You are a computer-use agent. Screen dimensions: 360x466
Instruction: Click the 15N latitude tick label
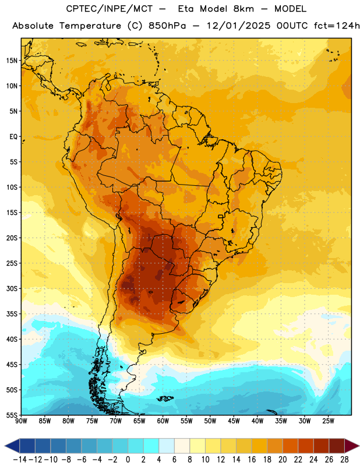click(12, 61)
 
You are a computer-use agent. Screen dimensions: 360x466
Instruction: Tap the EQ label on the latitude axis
click(13, 137)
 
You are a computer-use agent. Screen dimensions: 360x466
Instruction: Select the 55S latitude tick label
click(12, 415)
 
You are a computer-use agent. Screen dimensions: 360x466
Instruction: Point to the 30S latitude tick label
click(12, 288)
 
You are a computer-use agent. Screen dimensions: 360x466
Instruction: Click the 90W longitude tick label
click(21, 421)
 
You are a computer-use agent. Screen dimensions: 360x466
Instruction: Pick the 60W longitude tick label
click(163, 421)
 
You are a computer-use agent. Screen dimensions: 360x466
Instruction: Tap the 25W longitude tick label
click(328, 421)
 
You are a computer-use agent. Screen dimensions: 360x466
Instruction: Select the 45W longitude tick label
click(234, 421)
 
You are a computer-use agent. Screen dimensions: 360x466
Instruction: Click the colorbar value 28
click(344, 460)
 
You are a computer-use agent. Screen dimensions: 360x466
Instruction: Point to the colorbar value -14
click(20, 460)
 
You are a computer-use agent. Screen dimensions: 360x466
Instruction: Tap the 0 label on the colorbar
click(128, 460)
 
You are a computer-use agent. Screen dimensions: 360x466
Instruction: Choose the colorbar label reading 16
click(252, 460)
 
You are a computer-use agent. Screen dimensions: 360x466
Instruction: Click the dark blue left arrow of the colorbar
click(12, 446)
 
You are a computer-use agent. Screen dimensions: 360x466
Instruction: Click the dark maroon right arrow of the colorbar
click(352, 446)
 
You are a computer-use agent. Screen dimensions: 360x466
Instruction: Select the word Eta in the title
click(186, 9)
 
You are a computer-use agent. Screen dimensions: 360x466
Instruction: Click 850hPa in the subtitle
click(167, 26)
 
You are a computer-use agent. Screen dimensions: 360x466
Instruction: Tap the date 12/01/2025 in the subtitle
click(239, 26)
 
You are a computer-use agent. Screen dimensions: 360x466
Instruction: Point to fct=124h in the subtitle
click(337, 26)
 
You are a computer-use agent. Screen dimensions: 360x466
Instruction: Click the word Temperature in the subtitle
click(90, 26)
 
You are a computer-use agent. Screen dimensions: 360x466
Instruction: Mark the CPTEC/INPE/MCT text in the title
click(110, 9)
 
